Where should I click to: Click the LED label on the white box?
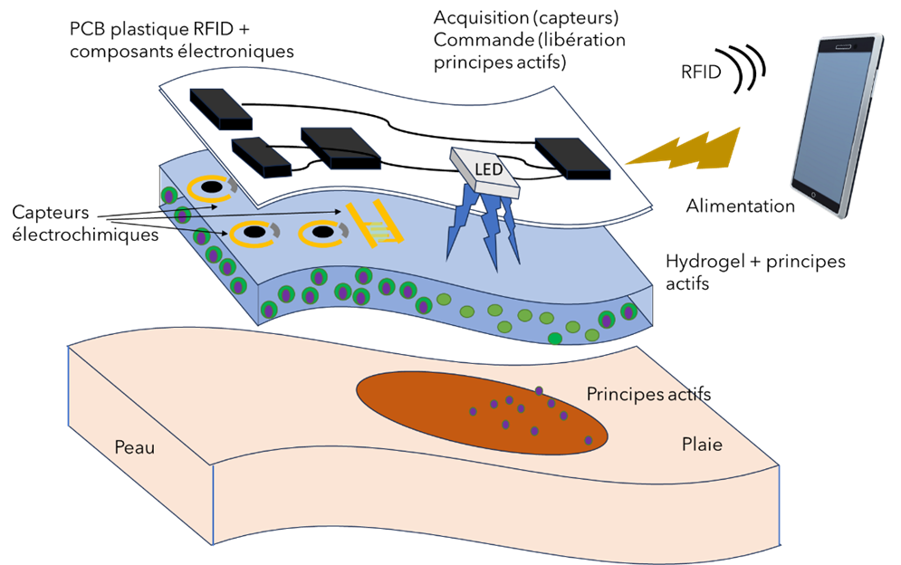coord(488,169)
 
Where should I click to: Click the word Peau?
coord(134,447)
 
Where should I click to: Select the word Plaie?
coord(702,445)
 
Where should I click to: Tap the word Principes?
coord(625,394)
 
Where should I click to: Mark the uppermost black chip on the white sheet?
coord(220,108)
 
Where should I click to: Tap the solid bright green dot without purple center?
coord(554,339)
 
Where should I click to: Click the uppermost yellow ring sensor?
coord(212,188)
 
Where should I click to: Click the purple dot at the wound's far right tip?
coord(589,440)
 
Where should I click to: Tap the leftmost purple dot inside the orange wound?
coord(473,411)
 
